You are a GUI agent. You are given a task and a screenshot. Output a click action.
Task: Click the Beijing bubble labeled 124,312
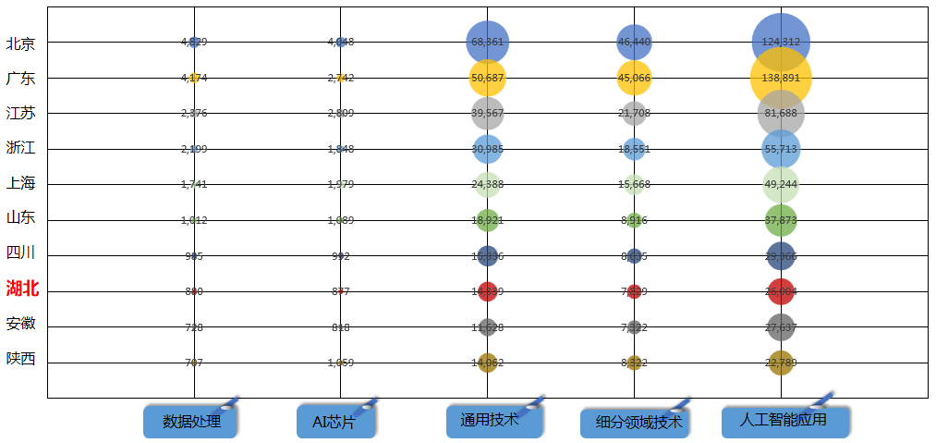(781, 42)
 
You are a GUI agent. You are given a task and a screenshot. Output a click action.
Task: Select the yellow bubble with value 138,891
(781, 78)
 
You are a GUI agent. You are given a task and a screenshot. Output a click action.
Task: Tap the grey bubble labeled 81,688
(781, 113)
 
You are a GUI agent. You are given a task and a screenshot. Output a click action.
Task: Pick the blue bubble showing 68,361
(488, 42)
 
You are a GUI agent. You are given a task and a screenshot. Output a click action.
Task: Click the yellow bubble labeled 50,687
(488, 78)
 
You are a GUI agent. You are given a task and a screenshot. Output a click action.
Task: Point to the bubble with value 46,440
(634, 42)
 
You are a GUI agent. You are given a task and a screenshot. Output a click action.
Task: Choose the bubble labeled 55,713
(781, 148)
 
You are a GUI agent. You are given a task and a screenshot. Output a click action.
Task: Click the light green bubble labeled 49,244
(781, 183)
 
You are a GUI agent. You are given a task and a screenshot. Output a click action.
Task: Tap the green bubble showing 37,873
(781, 220)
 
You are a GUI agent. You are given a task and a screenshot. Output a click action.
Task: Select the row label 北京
(20, 43)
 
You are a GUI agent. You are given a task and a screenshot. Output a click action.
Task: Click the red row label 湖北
(22, 289)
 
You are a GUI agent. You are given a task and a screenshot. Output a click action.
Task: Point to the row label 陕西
(20, 359)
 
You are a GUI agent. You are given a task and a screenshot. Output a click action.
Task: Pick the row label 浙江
(20, 147)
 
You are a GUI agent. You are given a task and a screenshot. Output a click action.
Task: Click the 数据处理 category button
(190, 422)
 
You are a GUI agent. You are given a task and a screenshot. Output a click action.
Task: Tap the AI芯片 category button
(337, 422)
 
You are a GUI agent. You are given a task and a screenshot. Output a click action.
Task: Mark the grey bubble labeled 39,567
(488, 113)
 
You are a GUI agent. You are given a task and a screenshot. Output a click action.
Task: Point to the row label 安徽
(20, 324)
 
